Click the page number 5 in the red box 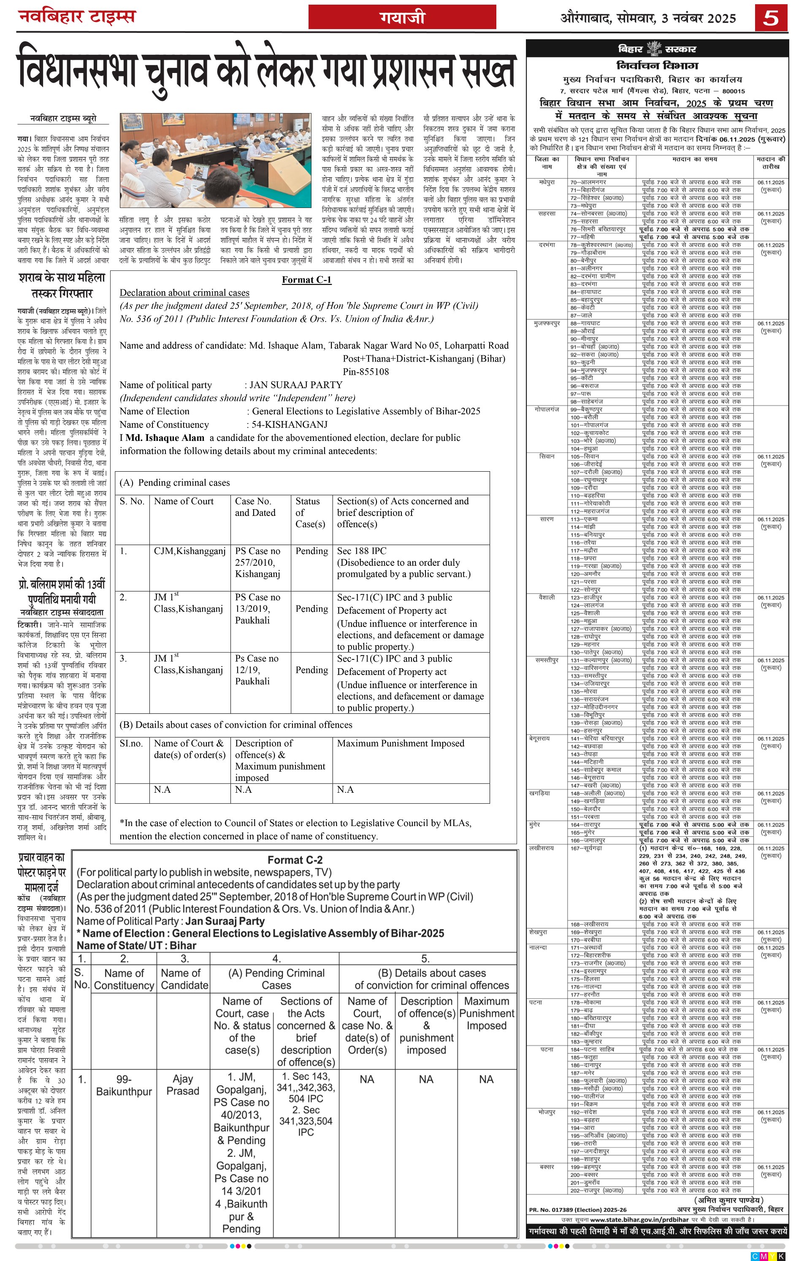pos(771,18)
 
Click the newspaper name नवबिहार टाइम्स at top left pos(77,17)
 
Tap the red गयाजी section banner pos(402,18)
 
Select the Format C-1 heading pos(306,280)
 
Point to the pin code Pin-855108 pos(366,372)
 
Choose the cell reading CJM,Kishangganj pos(190,551)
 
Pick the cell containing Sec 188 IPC pos(362,551)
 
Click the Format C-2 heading pos(295,860)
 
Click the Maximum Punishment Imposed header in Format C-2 pos(486,1013)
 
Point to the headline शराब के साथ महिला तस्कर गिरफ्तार pos(62,285)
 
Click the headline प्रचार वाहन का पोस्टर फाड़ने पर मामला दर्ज pos(41,872)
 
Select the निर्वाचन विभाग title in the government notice pos(657,66)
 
